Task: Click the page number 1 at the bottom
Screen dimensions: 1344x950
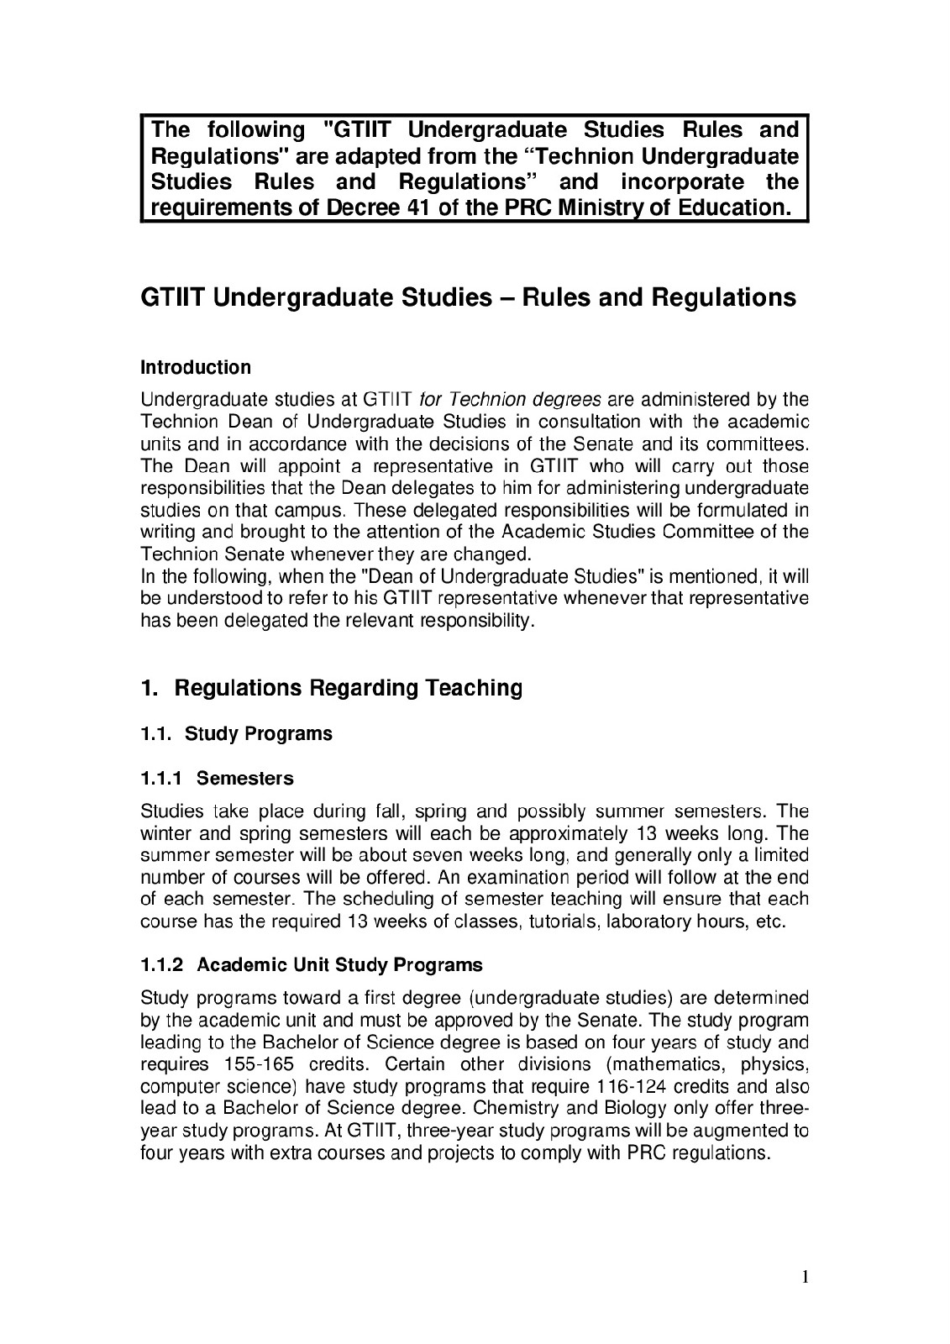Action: pos(805,1278)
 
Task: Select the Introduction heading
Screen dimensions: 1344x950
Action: pos(195,368)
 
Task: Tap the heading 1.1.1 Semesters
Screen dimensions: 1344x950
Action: pos(218,779)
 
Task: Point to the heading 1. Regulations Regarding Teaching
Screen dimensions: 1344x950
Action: pos(331,689)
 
